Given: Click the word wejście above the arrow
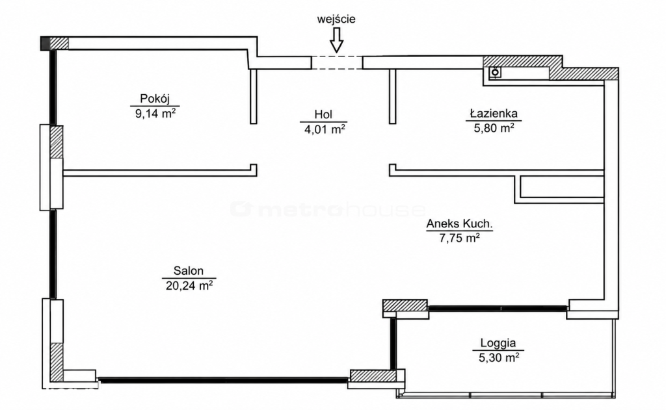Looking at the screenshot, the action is pyautogui.click(x=336, y=19).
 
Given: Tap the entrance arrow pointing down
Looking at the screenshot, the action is pyautogui.click(x=337, y=40).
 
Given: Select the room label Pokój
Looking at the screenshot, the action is pyautogui.click(x=155, y=99).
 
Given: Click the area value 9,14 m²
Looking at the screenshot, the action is pyautogui.click(x=155, y=114).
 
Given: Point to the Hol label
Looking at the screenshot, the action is pyautogui.click(x=323, y=114).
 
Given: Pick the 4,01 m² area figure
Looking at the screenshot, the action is pyautogui.click(x=324, y=129).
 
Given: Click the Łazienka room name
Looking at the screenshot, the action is pyautogui.click(x=494, y=113).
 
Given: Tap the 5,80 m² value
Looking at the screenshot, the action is pyautogui.click(x=494, y=128).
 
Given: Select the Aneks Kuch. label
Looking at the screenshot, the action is pyautogui.click(x=460, y=224).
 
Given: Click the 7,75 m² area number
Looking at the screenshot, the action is pyautogui.click(x=460, y=238).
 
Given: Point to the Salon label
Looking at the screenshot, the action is pyautogui.click(x=188, y=271).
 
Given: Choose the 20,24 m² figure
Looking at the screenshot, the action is pyautogui.click(x=189, y=286).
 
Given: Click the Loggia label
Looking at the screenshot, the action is pyautogui.click(x=498, y=343).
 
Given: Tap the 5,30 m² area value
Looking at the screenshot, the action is pyautogui.click(x=499, y=358).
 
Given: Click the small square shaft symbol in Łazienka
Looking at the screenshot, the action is pyautogui.click(x=495, y=73).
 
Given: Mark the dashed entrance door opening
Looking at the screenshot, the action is pyautogui.click(x=337, y=62).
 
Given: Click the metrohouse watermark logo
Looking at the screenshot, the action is pyautogui.click(x=328, y=210).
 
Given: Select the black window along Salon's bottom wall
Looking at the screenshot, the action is pyautogui.click(x=224, y=380).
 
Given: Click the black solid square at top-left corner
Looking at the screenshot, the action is pyautogui.click(x=46, y=44).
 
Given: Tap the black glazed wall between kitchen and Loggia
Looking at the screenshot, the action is pyautogui.click(x=498, y=309).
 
